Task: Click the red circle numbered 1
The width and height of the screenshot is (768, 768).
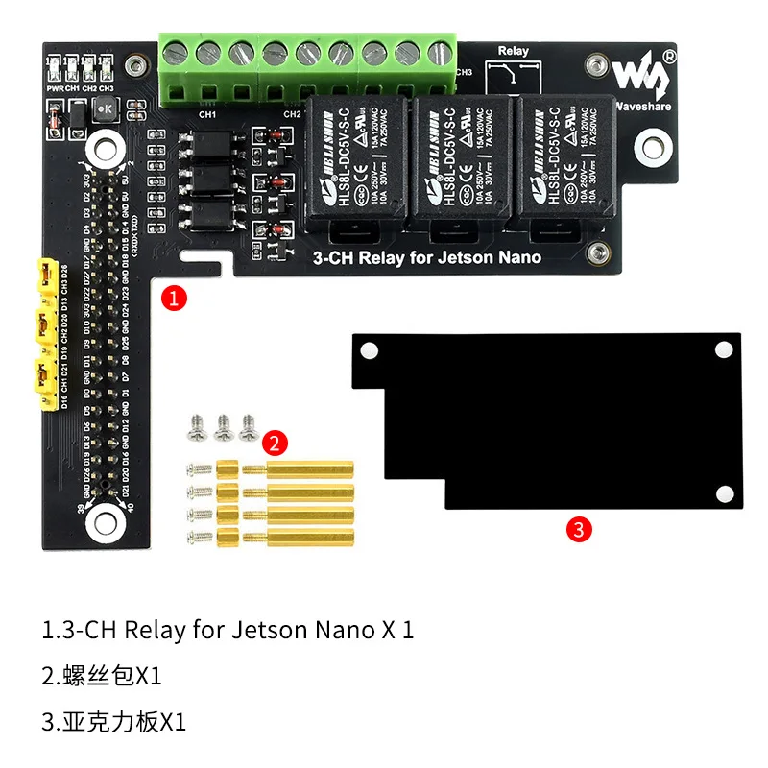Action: coord(173,297)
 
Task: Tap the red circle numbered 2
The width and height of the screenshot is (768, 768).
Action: coord(275,443)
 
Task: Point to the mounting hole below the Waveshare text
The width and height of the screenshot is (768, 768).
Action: coord(651,144)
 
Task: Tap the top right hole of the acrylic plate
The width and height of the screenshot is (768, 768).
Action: coord(723,351)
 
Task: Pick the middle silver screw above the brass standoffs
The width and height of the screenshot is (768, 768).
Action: coord(224,423)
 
